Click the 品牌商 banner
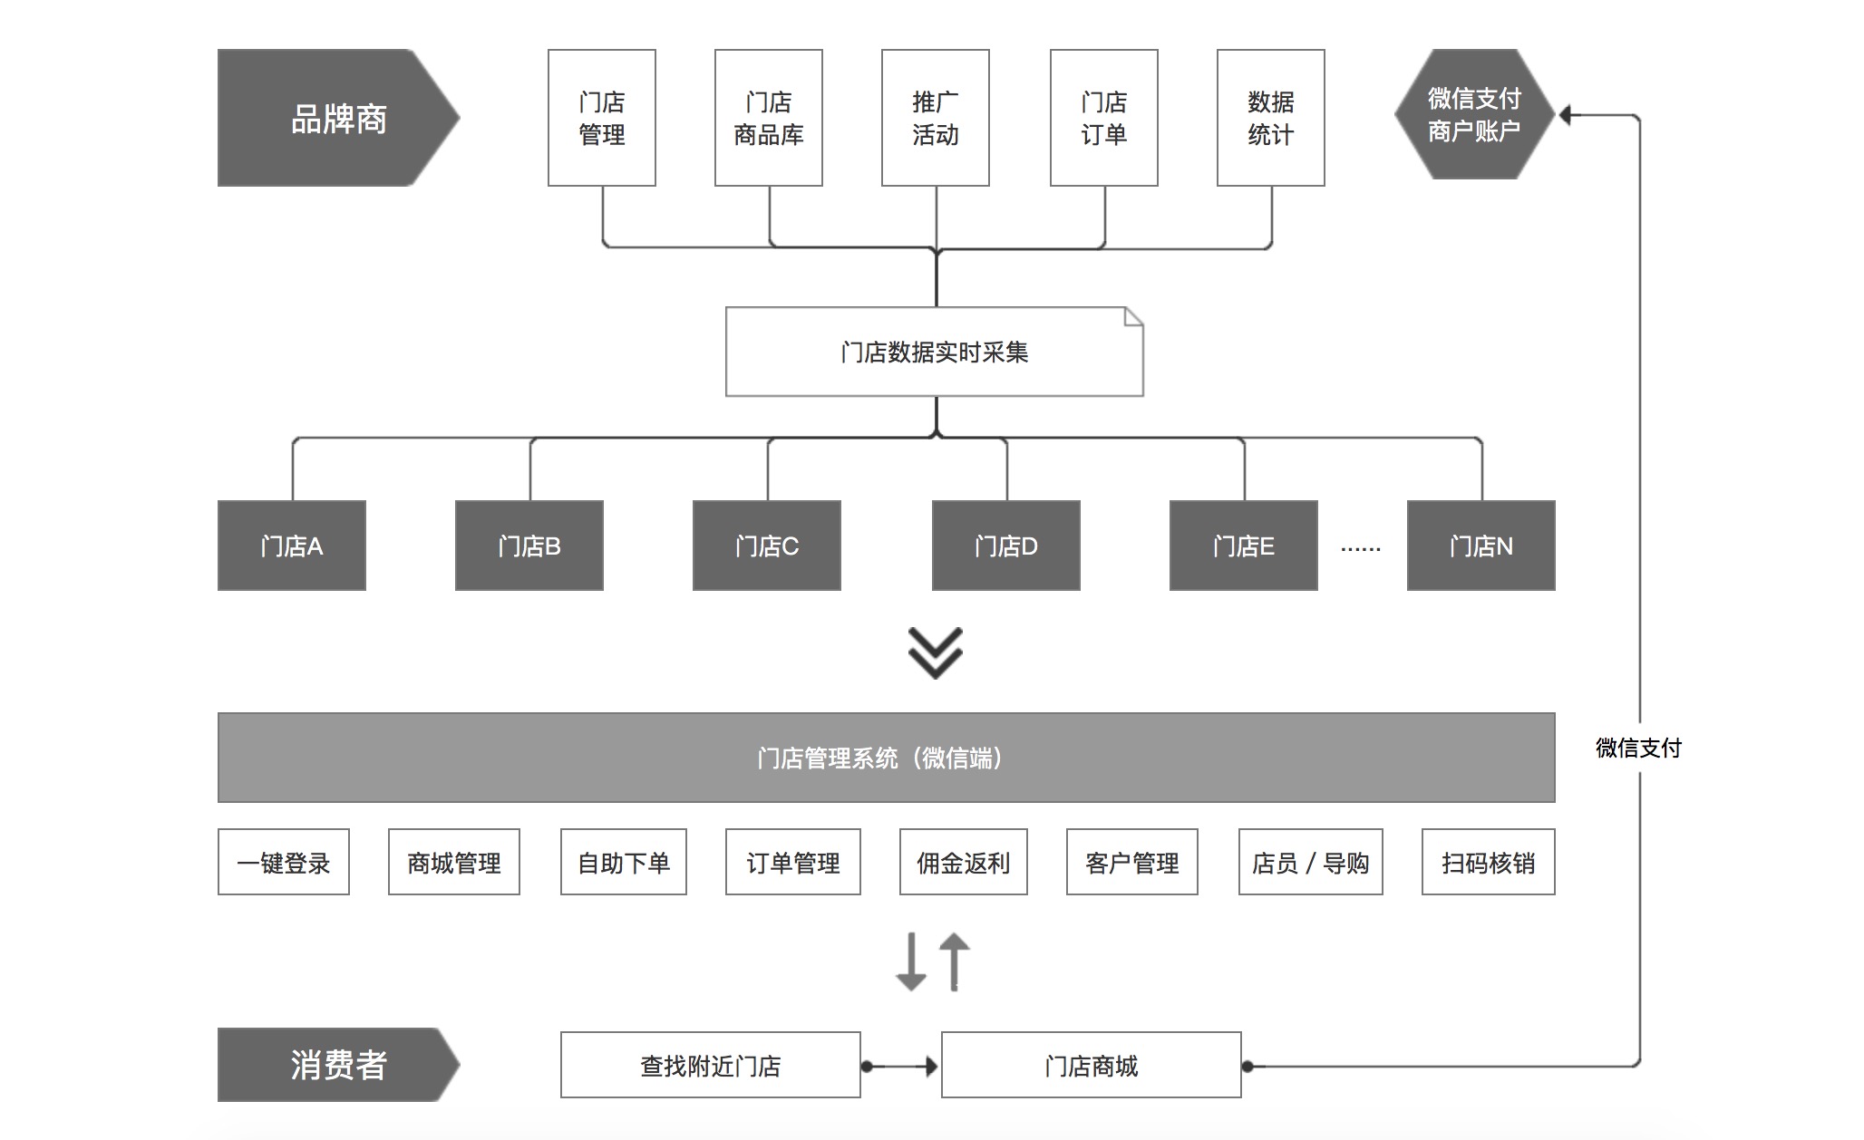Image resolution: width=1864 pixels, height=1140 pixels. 337,118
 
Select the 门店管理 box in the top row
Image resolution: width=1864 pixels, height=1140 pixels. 602,118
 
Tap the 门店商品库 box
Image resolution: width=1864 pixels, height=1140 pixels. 769,118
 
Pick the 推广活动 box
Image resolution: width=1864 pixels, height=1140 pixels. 936,118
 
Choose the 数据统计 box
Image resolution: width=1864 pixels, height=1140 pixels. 1271,118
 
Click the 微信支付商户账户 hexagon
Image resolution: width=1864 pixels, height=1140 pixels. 1474,115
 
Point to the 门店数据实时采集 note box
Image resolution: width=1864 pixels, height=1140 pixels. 935,352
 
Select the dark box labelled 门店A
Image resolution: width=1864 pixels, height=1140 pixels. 292,546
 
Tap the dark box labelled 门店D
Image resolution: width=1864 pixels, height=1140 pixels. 1006,546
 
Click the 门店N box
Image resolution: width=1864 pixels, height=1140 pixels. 1481,546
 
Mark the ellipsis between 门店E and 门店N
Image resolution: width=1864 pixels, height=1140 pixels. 1361,548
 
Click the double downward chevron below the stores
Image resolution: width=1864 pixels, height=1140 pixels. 936,652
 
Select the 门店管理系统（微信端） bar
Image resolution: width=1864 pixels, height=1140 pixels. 886,758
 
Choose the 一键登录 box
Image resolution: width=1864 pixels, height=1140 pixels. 284,863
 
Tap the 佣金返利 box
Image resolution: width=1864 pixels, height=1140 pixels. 964,863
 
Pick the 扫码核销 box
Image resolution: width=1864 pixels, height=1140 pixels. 1489,863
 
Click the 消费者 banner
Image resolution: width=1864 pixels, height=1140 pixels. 337,1065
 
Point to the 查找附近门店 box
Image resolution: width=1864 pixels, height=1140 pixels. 711,1066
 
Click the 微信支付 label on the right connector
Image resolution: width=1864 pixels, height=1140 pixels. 1639,748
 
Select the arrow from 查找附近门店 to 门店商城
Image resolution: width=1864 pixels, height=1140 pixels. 901,1067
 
